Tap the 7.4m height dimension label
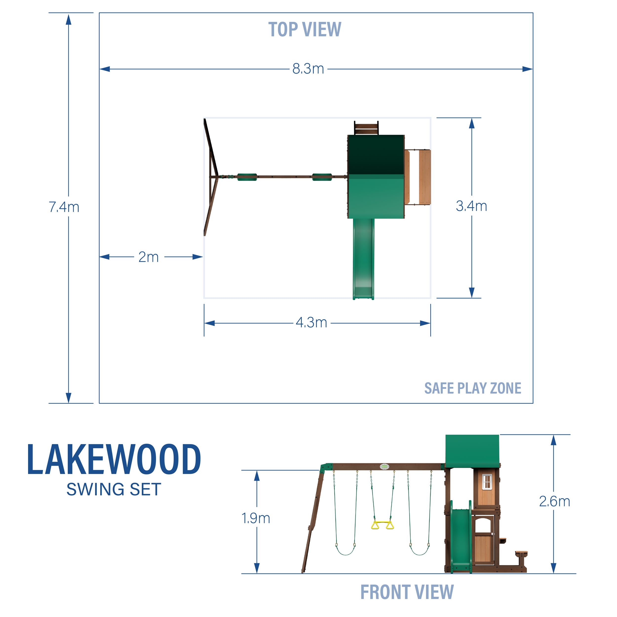pos(64,207)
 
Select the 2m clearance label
pos(149,257)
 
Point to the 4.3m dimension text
pos(311,323)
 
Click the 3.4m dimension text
pos(471,206)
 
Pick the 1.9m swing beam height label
pos(256,518)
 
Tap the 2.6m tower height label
pos(554,501)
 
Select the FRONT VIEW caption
pos(407,592)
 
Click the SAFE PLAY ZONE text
pos(473,388)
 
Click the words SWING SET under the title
pos(114,489)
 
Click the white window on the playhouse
pos(487,481)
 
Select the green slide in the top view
pos(363,259)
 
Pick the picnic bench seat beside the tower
pos(521,553)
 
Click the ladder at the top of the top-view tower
pos(366,128)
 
